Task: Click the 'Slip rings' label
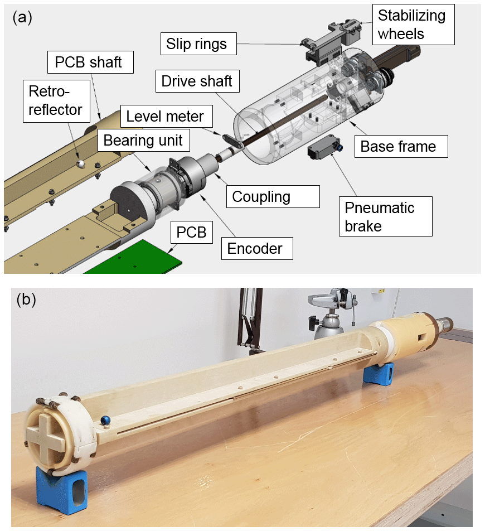pyautogui.click(x=197, y=44)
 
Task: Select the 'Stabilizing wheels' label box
pyautogui.click(x=411, y=25)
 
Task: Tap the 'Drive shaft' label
pyautogui.click(x=197, y=81)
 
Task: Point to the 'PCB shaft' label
pyautogui.click(x=89, y=62)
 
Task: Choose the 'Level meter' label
pyautogui.click(x=165, y=117)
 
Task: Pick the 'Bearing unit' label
pyautogui.click(x=143, y=140)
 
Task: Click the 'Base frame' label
pyautogui.click(x=398, y=147)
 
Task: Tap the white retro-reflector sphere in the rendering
pyautogui.click(x=81, y=163)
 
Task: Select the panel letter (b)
pyautogui.click(x=26, y=300)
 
